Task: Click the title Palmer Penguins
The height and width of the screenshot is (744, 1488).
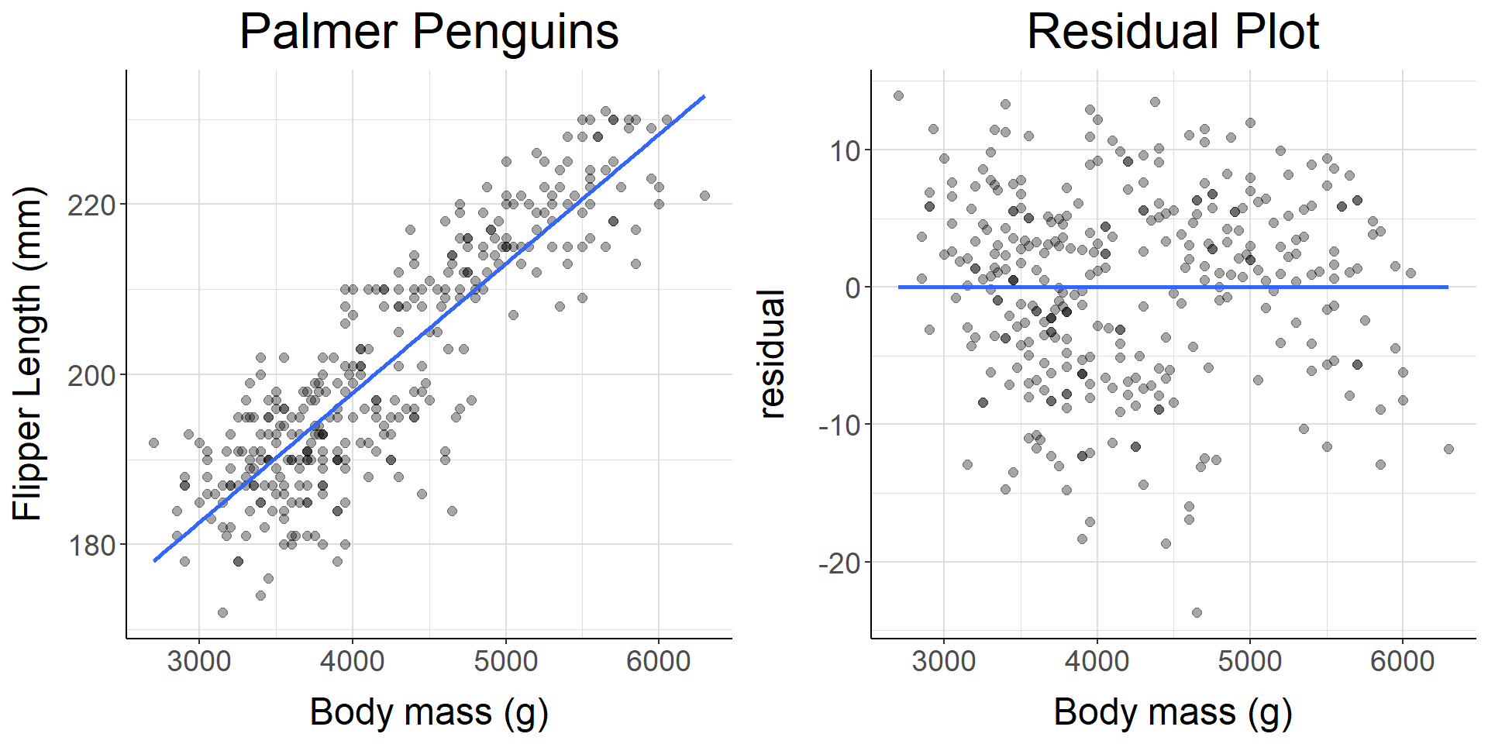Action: coord(429,33)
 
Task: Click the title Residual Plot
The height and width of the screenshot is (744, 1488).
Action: coord(1173,33)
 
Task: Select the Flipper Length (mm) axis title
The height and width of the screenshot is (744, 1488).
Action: coord(28,353)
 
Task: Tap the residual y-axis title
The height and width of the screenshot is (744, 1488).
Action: coord(772,354)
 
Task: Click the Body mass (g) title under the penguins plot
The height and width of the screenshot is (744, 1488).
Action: coord(429,711)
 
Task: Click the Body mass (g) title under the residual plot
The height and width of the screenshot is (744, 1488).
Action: coord(1173,711)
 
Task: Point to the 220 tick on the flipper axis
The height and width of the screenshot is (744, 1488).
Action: coord(91,205)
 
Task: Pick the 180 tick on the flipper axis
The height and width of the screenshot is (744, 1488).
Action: coord(91,546)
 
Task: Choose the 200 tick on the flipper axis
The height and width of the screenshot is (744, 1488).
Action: coord(91,376)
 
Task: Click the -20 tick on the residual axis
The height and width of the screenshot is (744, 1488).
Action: coord(839,563)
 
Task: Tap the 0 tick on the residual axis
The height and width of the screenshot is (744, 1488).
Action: coord(853,288)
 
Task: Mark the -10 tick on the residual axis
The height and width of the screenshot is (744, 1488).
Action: coord(839,425)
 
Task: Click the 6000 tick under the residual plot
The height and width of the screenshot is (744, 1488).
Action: coord(1403,661)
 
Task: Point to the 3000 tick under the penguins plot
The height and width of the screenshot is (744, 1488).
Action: coord(199,661)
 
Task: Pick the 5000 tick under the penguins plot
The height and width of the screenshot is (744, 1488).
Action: coord(505,661)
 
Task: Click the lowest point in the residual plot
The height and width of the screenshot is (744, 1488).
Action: coord(1197,612)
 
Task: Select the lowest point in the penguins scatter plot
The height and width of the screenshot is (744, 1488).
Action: coord(222,612)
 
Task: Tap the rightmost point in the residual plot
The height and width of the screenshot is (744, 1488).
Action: coord(1448,449)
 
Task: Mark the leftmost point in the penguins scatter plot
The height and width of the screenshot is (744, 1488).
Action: coord(153,443)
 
